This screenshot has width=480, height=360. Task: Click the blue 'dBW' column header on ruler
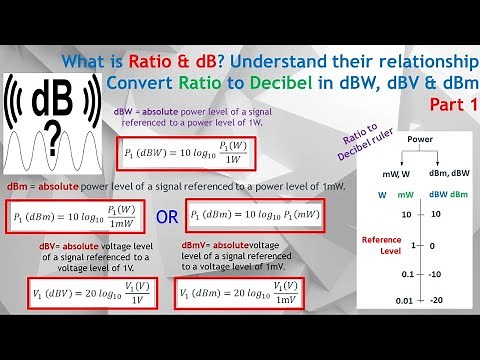436,194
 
